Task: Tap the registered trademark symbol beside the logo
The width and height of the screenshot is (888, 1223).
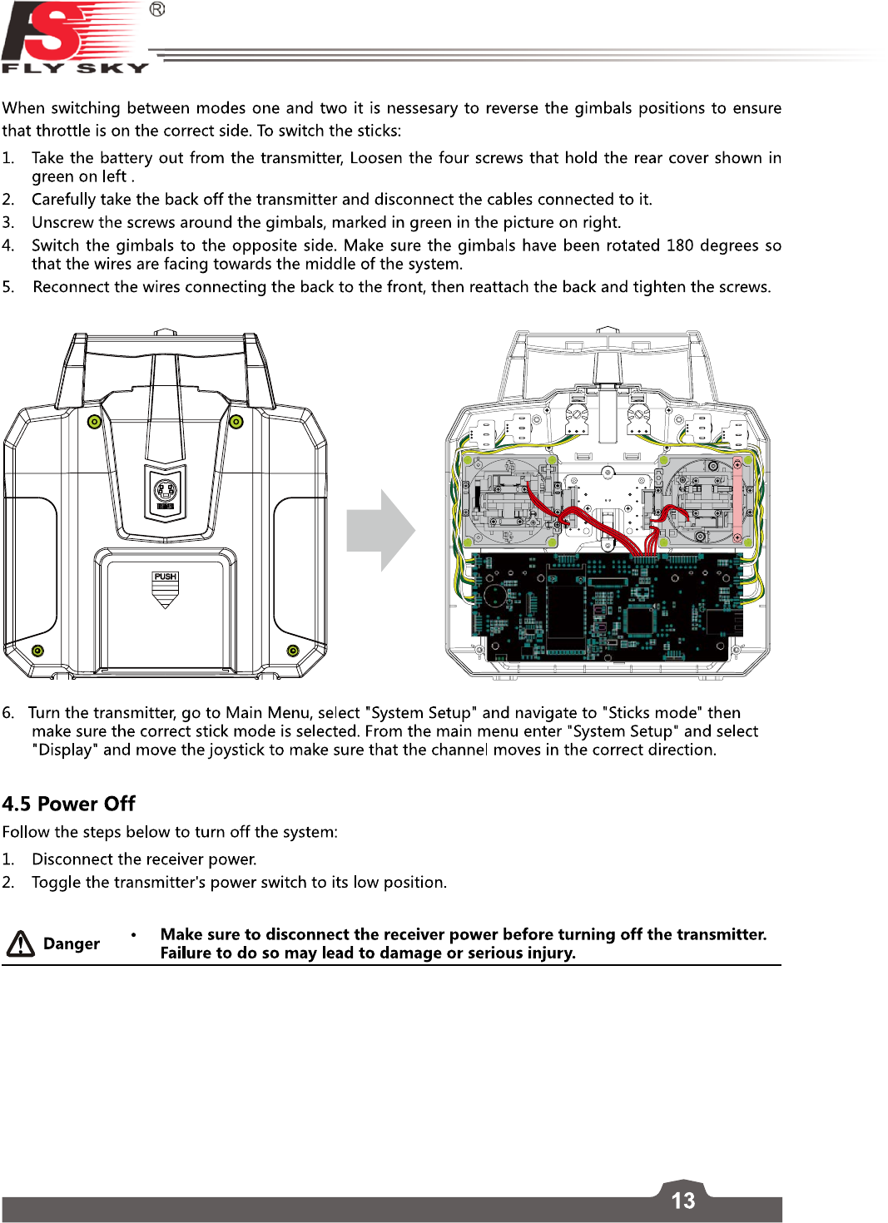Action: pyautogui.click(x=157, y=9)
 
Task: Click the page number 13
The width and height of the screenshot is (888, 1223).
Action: pyautogui.click(x=682, y=1201)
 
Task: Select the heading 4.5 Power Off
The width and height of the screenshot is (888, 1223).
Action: pyautogui.click(x=68, y=804)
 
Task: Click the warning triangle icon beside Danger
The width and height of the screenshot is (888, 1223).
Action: pyautogui.click(x=21, y=943)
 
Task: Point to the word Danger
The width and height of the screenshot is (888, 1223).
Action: pyautogui.click(x=72, y=943)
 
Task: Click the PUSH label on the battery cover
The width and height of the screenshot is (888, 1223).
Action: pyautogui.click(x=166, y=577)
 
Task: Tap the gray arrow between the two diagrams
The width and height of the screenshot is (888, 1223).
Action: pyautogui.click(x=380, y=530)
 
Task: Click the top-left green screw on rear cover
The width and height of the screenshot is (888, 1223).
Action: pyautogui.click(x=95, y=422)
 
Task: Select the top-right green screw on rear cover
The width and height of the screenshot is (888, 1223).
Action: pyautogui.click(x=236, y=422)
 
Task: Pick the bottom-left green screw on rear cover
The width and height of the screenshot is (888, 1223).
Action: pyautogui.click(x=37, y=651)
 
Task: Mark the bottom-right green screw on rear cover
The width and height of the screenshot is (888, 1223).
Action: pyautogui.click(x=293, y=651)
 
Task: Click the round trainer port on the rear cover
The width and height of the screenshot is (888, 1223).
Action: pyautogui.click(x=166, y=489)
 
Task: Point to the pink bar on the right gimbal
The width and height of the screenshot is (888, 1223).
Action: pyautogui.click(x=737, y=499)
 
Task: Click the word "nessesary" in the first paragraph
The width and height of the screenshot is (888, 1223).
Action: pyautogui.click(x=423, y=108)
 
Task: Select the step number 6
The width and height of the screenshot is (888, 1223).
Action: pyautogui.click(x=8, y=713)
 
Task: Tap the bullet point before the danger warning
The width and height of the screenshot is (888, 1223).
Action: pyautogui.click(x=133, y=934)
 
